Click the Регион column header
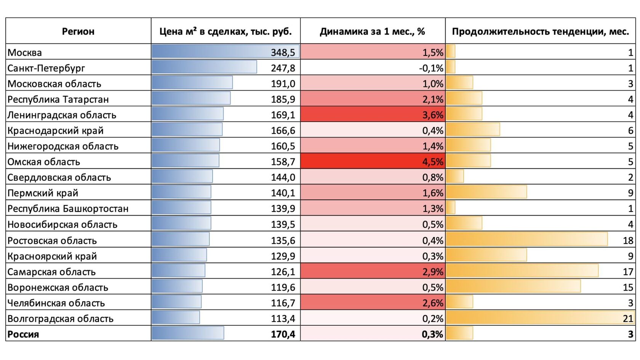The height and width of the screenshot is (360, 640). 78,31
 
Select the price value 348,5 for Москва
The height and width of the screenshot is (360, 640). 283,52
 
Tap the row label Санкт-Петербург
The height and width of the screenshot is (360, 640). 46,68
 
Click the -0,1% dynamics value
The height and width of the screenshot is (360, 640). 431,68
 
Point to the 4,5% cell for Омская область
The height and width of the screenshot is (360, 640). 433,162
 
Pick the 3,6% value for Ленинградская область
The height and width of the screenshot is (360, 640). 433,115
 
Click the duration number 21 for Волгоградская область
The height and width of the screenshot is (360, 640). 628,318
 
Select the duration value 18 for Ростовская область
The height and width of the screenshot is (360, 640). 628,240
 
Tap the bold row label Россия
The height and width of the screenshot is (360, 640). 23,334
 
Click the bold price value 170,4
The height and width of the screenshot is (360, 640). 283,334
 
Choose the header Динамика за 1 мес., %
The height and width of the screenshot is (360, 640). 372,31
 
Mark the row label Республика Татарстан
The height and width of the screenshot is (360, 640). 58,99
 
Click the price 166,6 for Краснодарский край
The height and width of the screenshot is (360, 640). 283,131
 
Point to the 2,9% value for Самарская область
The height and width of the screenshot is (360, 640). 433,272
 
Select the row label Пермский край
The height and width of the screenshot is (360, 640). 43,193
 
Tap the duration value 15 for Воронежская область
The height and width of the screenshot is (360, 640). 628,287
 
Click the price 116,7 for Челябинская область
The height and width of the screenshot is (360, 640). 283,303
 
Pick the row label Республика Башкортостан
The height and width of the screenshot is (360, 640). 68,209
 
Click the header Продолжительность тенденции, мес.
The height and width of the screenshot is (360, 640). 540,31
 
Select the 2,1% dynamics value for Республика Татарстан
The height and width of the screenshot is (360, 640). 433,99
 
